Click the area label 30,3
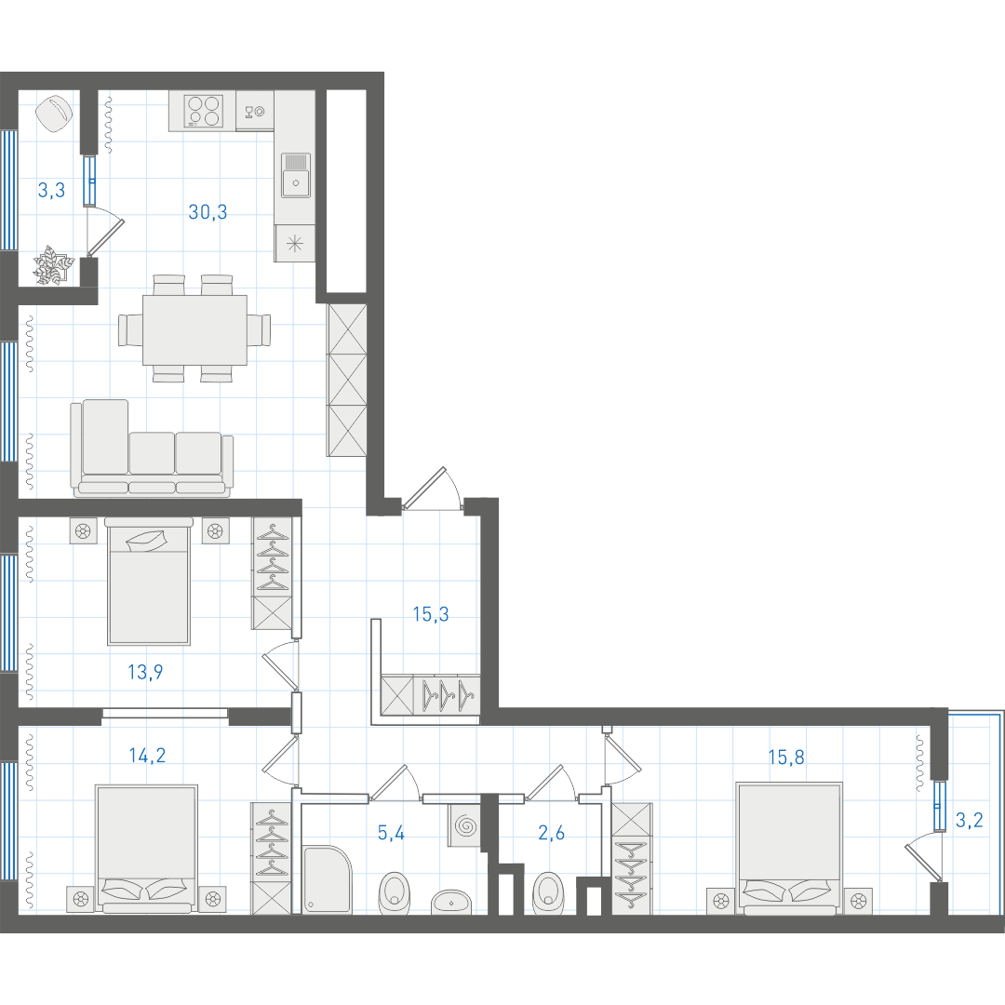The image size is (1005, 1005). pyautogui.click(x=208, y=211)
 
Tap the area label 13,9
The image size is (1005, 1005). pyautogui.click(x=145, y=672)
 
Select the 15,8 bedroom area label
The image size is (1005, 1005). pyautogui.click(x=786, y=757)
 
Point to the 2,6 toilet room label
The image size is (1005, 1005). pyautogui.click(x=551, y=833)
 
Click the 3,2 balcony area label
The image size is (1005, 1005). pyautogui.click(x=969, y=820)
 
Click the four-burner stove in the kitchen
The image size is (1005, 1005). pyautogui.click(x=203, y=111)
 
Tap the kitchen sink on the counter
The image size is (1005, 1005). pyautogui.click(x=296, y=175)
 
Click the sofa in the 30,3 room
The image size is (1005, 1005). pyautogui.click(x=152, y=448)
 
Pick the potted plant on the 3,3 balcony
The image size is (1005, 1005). pyautogui.click(x=53, y=265)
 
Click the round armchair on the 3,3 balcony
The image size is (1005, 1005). pyautogui.click(x=54, y=114)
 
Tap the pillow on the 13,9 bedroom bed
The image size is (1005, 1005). pyautogui.click(x=147, y=541)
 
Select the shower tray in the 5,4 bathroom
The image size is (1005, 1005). pyautogui.click(x=327, y=880)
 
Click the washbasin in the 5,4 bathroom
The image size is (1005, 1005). pyautogui.click(x=452, y=902)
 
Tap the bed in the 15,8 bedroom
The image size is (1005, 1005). pyautogui.click(x=788, y=848)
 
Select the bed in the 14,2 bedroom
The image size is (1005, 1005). pyautogui.click(x=147, y=849)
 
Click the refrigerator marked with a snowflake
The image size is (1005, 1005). pyautogui.click(x=295, y=244)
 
